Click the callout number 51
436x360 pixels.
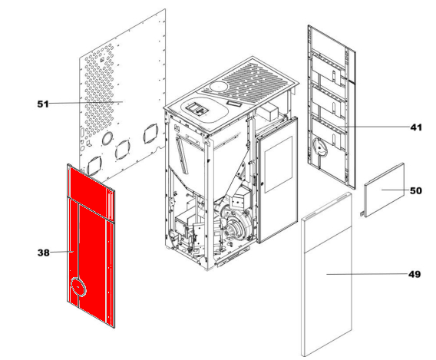tap(43, 104)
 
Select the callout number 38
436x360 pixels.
tap(44, 253)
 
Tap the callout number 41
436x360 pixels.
tap(416, 127)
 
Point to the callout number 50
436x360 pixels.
tap(416, 190)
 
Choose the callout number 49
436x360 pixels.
tap(415, 274)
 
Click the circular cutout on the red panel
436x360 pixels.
tap(78, 287)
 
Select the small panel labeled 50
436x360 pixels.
tap(385, 190)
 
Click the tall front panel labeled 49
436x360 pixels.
tap(327, 274)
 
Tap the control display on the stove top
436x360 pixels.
tap(197, 109)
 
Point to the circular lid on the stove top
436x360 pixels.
tap(219, 87)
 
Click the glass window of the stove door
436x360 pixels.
tap(279, 164)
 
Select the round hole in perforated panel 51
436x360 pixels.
tap(107, 138)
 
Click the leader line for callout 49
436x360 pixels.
tap(367, 274)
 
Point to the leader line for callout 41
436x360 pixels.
tap(375, 127)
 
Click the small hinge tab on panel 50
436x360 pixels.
tap(362, 213)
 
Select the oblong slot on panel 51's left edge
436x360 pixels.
tap(82, 131)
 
